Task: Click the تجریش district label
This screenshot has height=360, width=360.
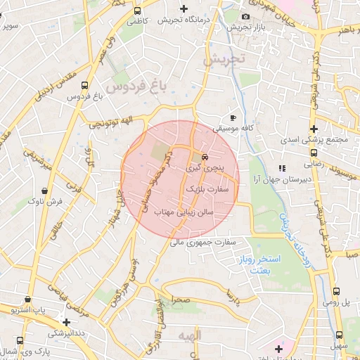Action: pyautogui.click(x=227, y=60)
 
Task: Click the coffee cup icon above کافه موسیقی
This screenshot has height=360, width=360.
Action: pyautogui.click(x=233, y=117)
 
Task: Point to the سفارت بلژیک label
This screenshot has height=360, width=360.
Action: pyautogui.click(x=205, y=189)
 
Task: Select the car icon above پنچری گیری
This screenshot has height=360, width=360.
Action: pyautogui.click(x=205, y=157)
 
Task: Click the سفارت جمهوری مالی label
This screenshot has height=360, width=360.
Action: pyautogui.click(x=209, y=242)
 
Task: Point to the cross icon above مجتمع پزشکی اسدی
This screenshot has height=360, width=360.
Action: pyautogui.click(x=314, y=129)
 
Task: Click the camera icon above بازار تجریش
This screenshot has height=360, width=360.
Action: pyautogui.click(x=245, y=16)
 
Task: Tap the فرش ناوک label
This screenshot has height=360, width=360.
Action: pyautogui.click(x=45, y=201)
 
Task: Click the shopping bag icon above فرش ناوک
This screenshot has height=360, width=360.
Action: pyautogui.click(x=45, y=190)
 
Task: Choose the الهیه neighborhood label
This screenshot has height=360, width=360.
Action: pyautogui.click(x=189, y=335)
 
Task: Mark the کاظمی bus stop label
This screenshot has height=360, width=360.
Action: pyautogui.click(x=136, y=22)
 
